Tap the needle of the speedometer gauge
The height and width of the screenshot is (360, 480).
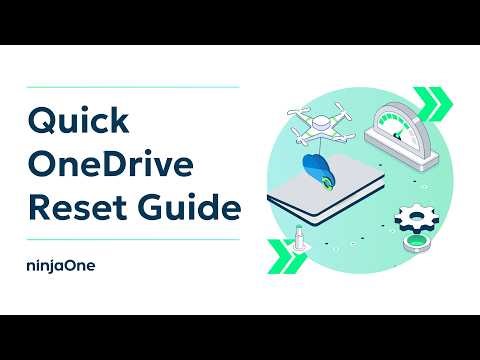(406, 128)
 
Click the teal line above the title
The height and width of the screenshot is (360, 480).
(131, 88)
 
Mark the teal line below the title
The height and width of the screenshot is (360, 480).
(131, 240)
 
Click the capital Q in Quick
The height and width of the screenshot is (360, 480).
(38, 122)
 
